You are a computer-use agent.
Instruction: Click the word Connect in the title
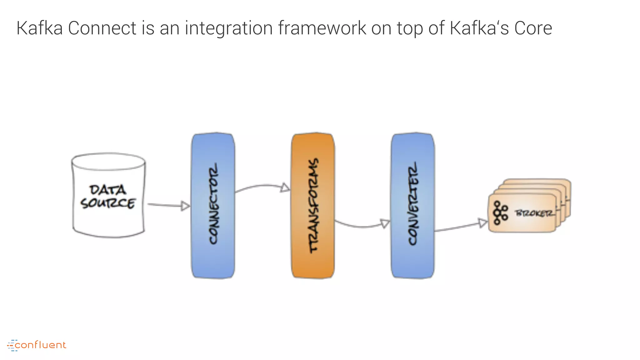click(x=102, y=28)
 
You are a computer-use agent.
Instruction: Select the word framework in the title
click(x=322, y=28)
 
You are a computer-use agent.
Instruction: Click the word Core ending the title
click(x=533, y=28)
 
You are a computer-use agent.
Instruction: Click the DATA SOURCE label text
click(x=108, y=197)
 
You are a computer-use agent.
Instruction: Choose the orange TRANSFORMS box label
click(x=313, y=205)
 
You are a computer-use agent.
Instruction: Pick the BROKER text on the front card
click(x=535, y=213)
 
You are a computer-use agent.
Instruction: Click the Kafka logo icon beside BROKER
click(x=500, y=213)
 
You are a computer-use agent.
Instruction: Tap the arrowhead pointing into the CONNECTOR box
click(x=185, y=206)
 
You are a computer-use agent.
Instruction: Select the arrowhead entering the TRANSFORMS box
click(x=285, y=187)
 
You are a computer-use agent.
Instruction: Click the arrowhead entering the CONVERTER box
click(x=385, y=223)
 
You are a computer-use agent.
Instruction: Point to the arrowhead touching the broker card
click(x=483, y=223)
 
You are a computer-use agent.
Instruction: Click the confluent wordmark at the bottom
click(x=41, y=345)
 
